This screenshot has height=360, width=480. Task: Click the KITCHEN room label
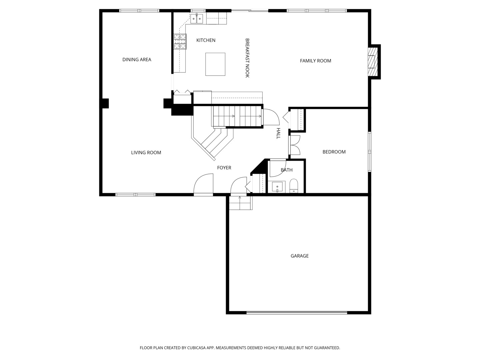206,40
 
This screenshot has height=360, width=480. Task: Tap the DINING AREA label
137,59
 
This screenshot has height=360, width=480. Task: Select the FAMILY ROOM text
315,61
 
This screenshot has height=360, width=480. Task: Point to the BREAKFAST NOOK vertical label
247,58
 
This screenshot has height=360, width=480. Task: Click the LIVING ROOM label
146,153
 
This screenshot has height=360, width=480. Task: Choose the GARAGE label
299,256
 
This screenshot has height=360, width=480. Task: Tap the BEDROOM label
334,152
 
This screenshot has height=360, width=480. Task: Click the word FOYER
224,168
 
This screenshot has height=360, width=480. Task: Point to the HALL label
278,133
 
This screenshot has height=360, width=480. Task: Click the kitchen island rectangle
215,64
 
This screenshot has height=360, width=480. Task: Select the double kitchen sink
197,19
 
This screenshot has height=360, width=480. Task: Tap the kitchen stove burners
180,42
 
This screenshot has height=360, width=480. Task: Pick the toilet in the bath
294,186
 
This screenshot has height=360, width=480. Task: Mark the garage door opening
297,313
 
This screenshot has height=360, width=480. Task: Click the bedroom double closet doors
295,145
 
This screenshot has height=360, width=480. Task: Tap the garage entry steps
241,203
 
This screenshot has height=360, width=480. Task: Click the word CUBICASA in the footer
196,348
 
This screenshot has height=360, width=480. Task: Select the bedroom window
369,151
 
